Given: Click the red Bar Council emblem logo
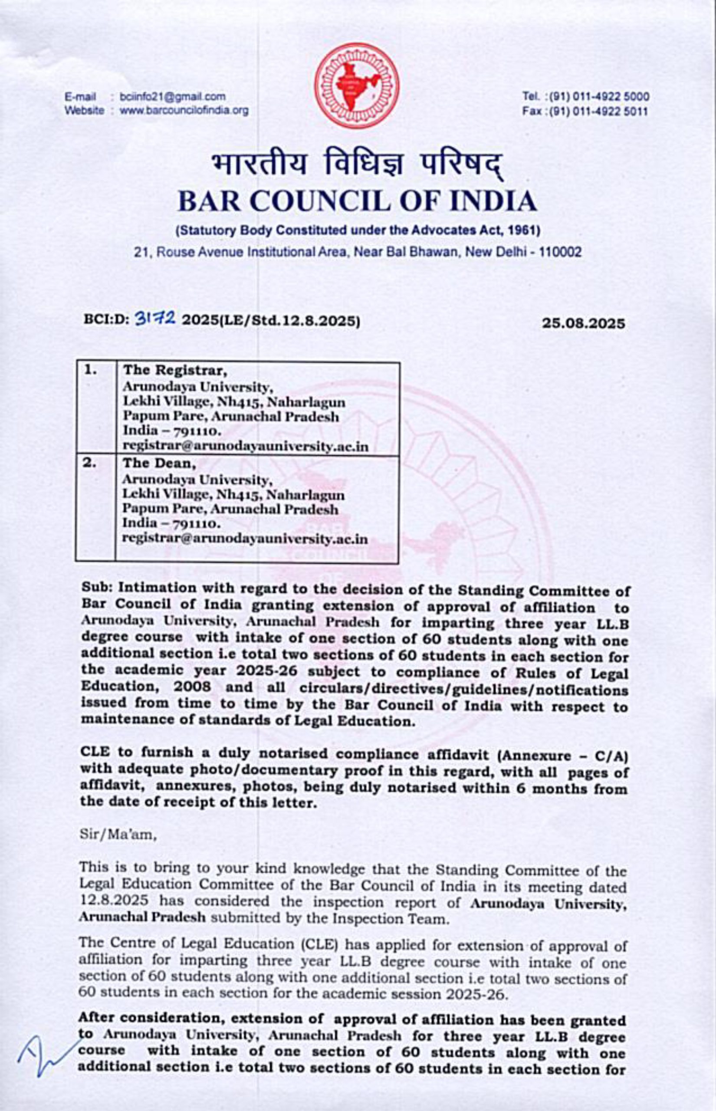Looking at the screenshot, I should coord(357,86).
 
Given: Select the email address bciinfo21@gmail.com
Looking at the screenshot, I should coord(173,97).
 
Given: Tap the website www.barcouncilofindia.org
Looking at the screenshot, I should coord(184,111).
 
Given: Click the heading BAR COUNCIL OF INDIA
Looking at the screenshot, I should coord(357,201).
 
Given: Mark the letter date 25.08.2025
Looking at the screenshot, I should coord(584,323).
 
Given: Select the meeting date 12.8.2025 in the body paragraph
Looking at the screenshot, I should coord(114,901).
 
